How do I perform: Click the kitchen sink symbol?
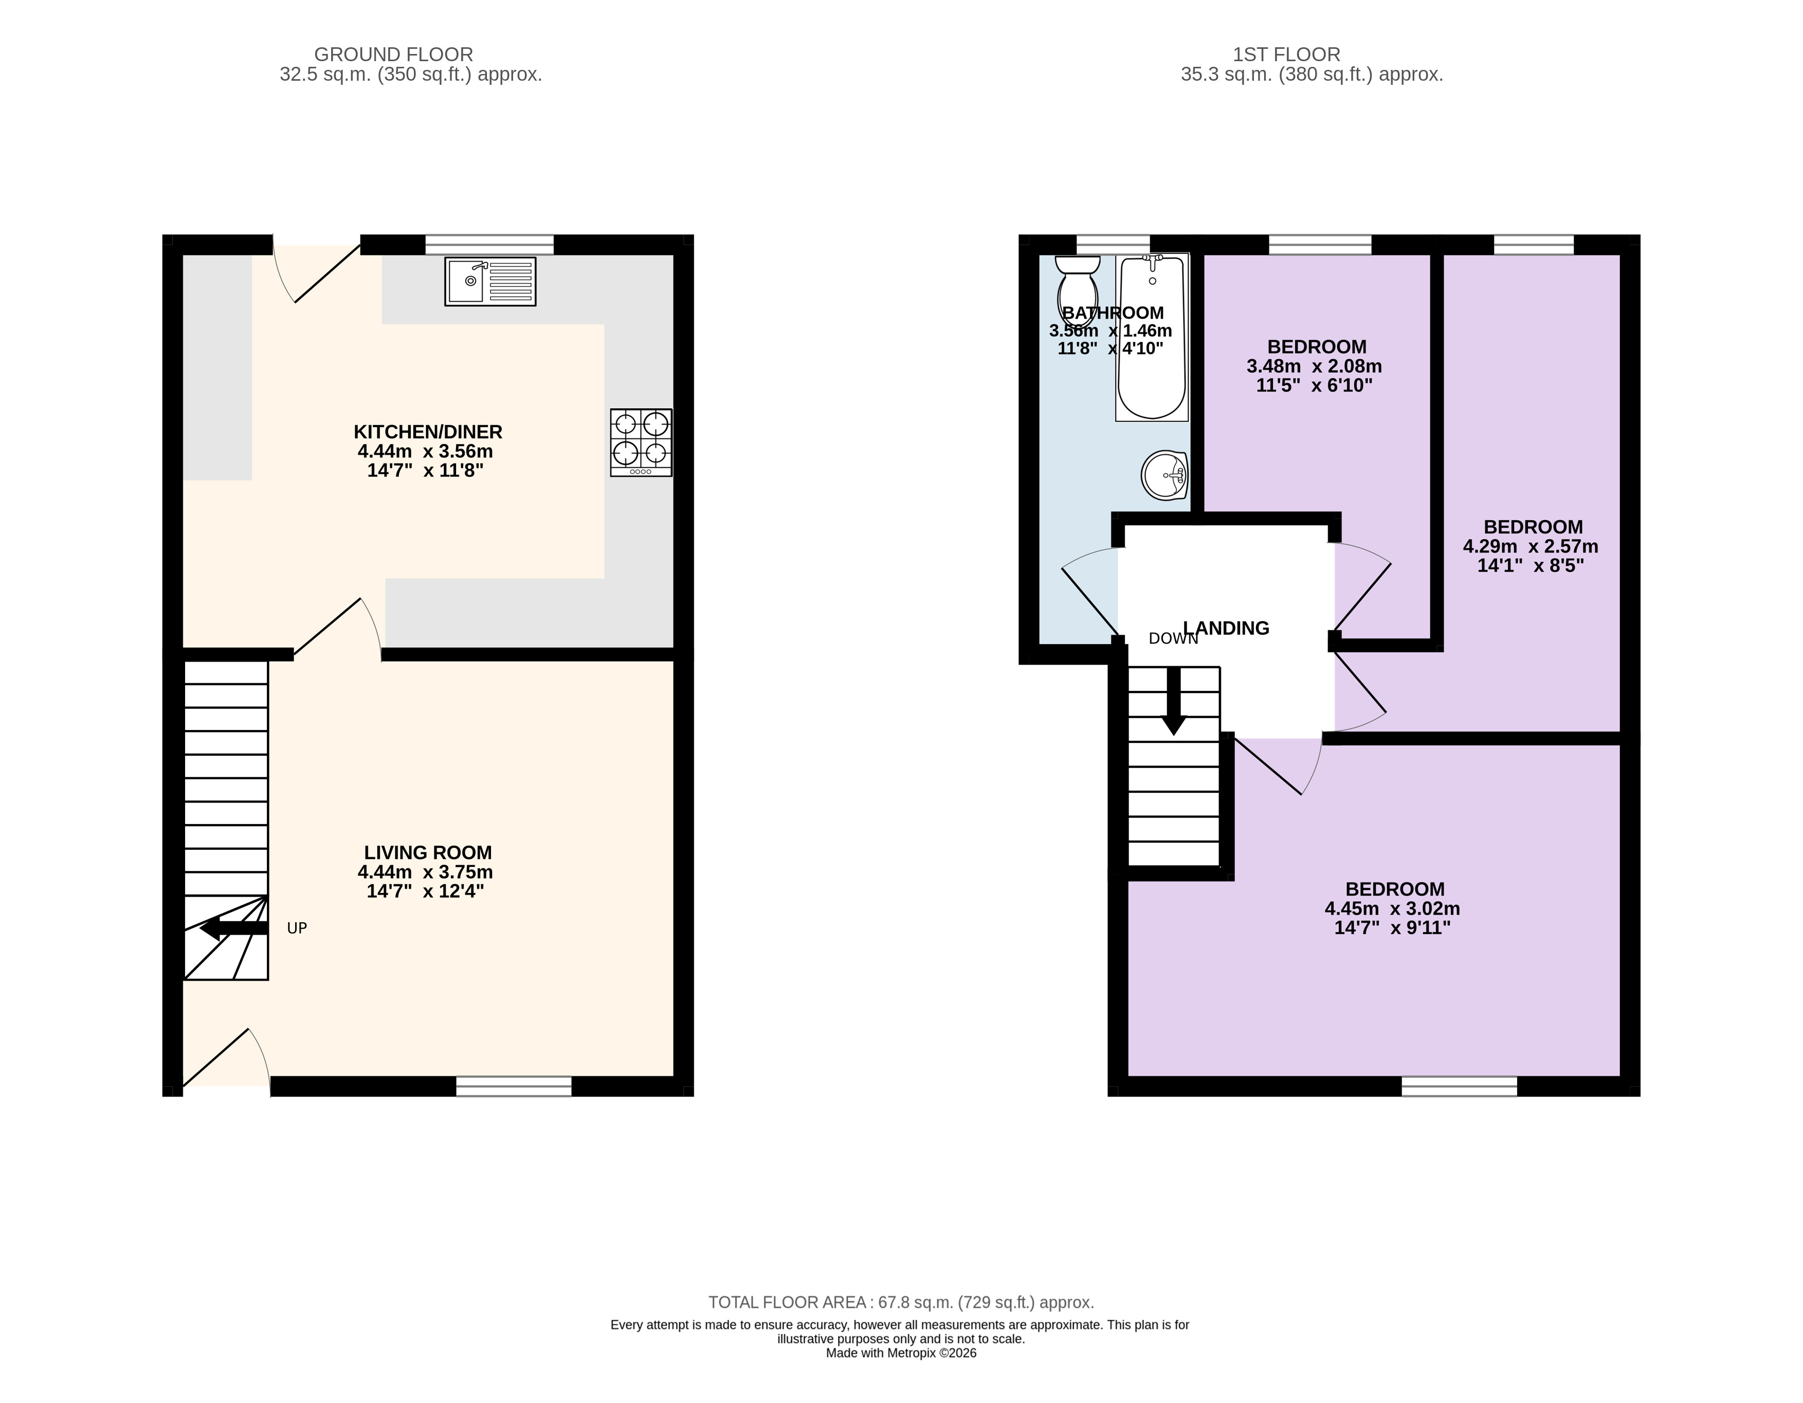coord(490,282)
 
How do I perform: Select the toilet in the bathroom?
coord(1078,290)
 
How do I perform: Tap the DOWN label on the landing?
coord(1173,639)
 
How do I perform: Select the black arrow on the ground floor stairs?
coord(233,928)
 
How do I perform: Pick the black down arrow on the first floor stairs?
coord(1173,701)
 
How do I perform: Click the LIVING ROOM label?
coord(428,852)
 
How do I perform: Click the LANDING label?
coord(1226,628)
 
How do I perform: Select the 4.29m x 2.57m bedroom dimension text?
coord(1531,546)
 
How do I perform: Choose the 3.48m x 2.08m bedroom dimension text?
coord(1314,367)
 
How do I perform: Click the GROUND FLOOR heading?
coord(394,54)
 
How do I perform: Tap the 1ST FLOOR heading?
coord(1287,54)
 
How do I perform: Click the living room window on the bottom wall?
coord(514,1086)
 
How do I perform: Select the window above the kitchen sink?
coord(489,244)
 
